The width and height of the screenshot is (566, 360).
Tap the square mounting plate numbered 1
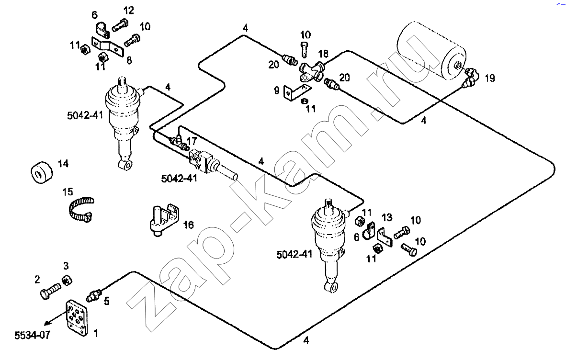[x=77, y=317]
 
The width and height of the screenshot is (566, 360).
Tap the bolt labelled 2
[x=49, y=290]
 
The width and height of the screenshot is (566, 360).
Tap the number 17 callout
[x=192, y=141]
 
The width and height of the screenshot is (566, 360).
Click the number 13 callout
[x=387, y=217]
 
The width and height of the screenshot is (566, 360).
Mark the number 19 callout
[x=489, y=78]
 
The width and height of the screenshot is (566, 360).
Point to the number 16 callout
[x=189, y=225]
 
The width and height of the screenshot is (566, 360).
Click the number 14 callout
[x=63, y=164]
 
